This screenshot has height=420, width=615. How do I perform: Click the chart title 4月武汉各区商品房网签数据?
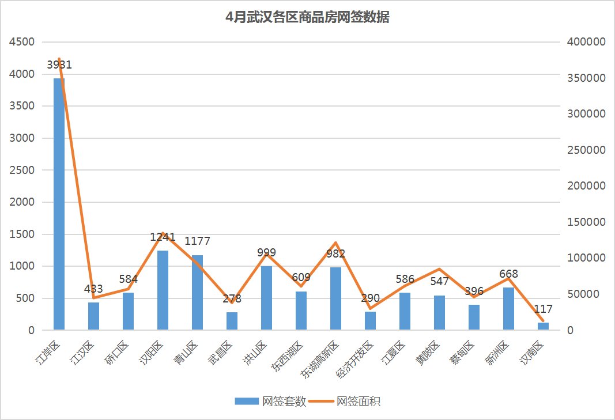click(307, 17)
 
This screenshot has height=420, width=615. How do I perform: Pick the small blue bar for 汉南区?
click(543, 326)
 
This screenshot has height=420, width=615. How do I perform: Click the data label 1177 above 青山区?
click(197, 241)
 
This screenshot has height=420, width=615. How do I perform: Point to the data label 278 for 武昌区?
click(232, 299)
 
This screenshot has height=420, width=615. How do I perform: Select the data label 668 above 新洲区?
click(508, 274)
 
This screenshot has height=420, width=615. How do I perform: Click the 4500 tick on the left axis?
click(22, 42)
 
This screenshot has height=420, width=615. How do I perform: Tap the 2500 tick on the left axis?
click(22, 171)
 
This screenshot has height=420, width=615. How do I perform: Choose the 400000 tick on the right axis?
click(586, 42)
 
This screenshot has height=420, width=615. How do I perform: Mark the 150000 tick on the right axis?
click(586, 222)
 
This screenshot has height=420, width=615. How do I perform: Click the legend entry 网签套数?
click(270, 402)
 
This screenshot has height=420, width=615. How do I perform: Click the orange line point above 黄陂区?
click(439, 269)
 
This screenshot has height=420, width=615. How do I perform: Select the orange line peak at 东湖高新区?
click(335, 243)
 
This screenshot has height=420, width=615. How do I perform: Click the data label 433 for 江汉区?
click(93, 289)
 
